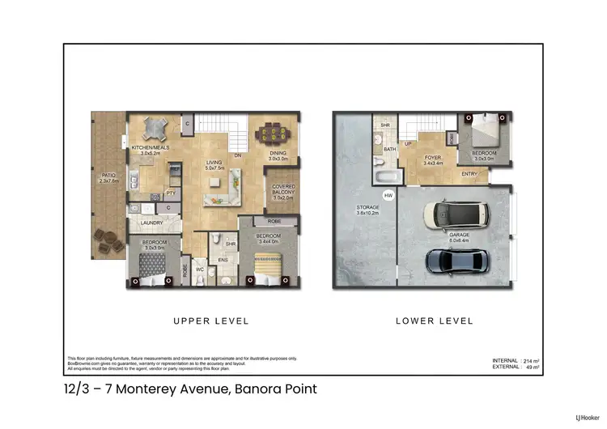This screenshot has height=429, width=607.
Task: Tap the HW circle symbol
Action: [x=388, y=195]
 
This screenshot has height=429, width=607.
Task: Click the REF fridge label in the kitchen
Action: [x=174, y=169]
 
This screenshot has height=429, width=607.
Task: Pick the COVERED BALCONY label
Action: [x=283, y=192]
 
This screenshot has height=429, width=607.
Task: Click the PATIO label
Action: [x=108, y=176]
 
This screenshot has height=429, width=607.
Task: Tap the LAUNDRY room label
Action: [x=152, y=223]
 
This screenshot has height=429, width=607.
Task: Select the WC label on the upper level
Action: [x=199, y=270]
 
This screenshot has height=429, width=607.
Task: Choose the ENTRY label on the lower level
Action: [x=469, y=174]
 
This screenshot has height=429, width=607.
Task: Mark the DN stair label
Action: [x=238, y=155]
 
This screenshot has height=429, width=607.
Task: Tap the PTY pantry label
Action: [x=171, y=193]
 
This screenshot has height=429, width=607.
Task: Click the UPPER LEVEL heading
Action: [x=211, y=321]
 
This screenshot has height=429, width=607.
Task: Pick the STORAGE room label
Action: [x=368, y=207]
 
